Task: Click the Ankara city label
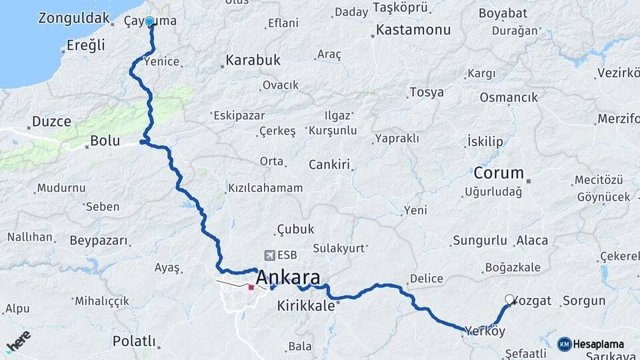[x=287, y=277]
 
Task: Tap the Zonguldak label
[x=73, y=18]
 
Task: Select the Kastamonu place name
[x=413, y=30]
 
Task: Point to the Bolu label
[x=105, y=141]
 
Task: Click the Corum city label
[x=499, y=173]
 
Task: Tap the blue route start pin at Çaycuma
[x=149, y=22]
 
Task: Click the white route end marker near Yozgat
[x=510, y=300]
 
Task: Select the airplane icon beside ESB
[x=269, y=255]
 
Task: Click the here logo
[x=18, y=341]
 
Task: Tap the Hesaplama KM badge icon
[x=564, y=344]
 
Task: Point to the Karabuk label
[x=253, y=61]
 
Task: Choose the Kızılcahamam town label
[x=265, y=188]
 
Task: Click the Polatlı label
[x=133, y=341]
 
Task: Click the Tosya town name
[x=427, y=92]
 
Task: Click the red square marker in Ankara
[x=251, y=288]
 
